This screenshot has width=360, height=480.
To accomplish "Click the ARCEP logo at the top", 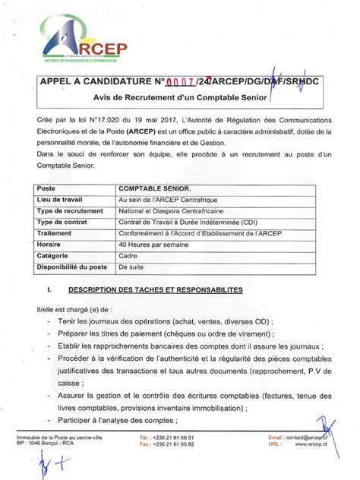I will [x=83, y=43].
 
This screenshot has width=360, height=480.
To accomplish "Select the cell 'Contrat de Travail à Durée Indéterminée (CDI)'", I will [x=187, y=222].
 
